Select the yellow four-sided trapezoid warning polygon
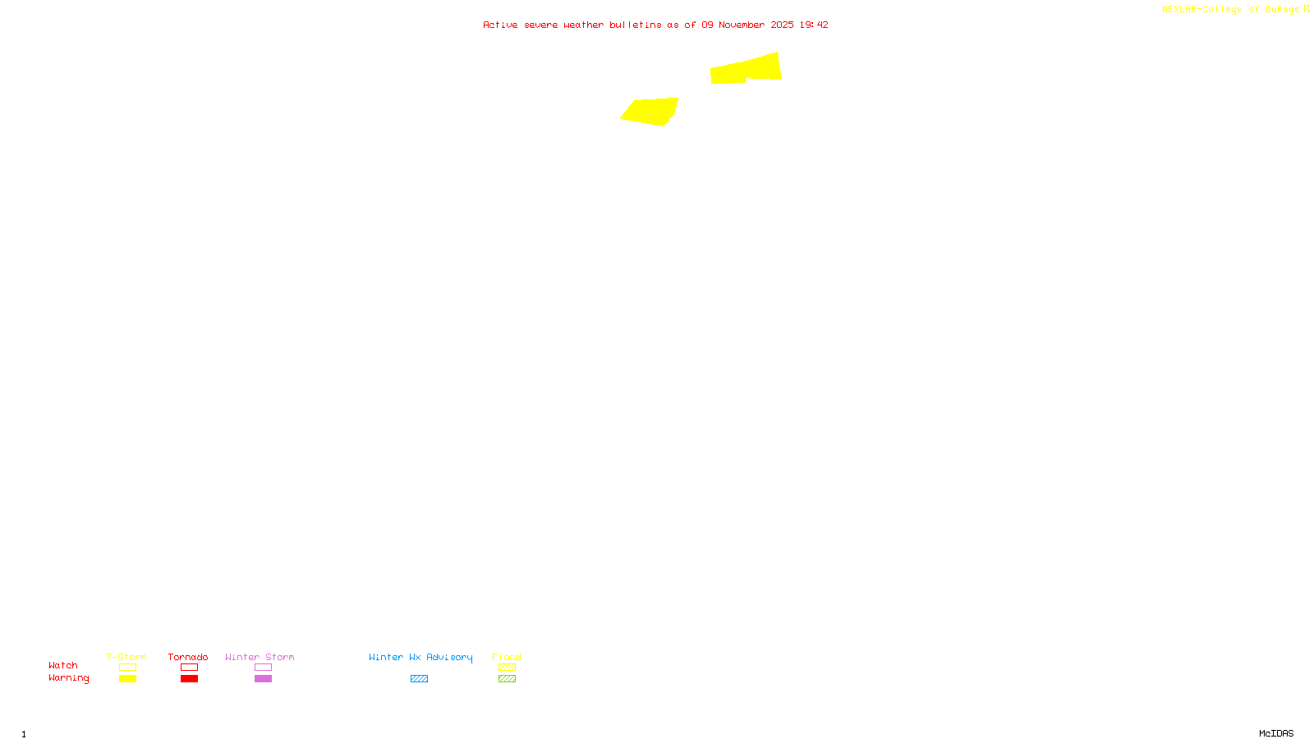(x=650, y=111)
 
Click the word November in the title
(x=742, y=25)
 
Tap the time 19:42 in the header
(x=814, y=25)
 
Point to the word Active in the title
(x=500, y=25)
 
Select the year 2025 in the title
(x=782, y=25)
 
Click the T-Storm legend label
(x=126, y=657)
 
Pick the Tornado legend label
(x=188, y=657)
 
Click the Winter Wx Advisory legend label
(x=420, y=657)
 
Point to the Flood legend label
(x=507, y=657)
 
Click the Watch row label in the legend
(x=63, y=665)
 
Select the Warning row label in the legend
(x=68, y=678)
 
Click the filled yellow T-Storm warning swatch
(x=127, y=679)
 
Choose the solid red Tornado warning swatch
(x=189, y=679)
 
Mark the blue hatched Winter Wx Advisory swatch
(x=419, y=679)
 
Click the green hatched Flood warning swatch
(x=507, y=679)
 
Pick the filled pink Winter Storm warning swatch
(x=263, y=679)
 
